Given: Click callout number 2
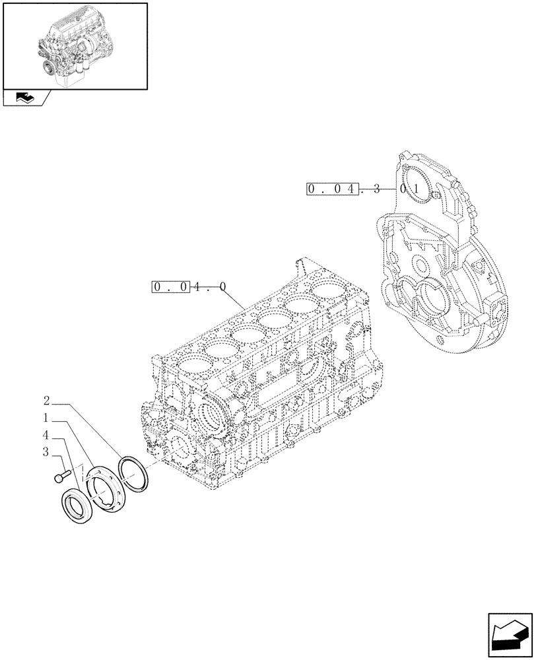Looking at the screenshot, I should (x=46, y=401).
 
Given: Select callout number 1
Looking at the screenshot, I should (x=46, y=418).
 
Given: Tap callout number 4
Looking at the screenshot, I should (x=46, y=435).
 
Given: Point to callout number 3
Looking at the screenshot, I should (x=46, y=452).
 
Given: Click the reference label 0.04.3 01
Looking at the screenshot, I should (x=364, y=189).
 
